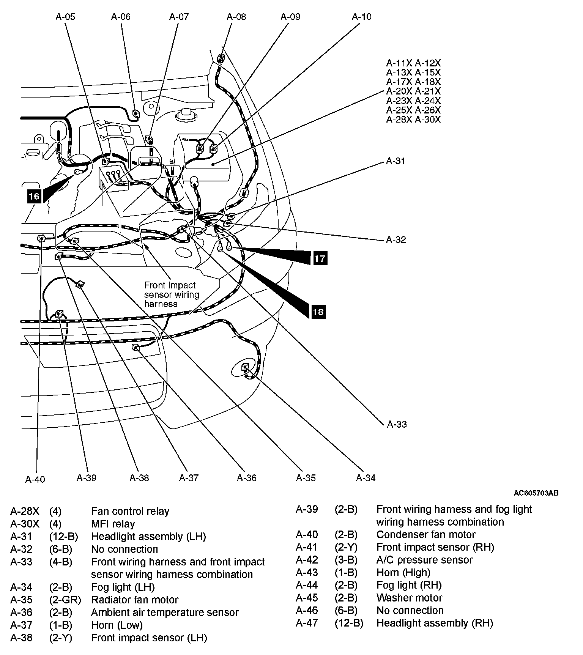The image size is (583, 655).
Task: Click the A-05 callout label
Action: [x=65, y=17]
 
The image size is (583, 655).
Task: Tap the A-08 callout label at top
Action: [x=236, y=17]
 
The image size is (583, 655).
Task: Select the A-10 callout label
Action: [x=361, y=17]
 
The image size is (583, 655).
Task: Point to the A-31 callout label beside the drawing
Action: [x=395, y=161]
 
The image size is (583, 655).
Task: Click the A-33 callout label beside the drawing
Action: [x=397, y=424]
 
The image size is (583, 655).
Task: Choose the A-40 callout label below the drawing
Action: [x=35, y=479]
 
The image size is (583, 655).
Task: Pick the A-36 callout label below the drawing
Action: [x=246, y=478]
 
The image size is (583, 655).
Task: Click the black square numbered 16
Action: [x=34, y=196]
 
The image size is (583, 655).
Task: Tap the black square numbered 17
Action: [x=320, y=258]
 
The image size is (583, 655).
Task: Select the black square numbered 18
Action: [x=318, y=312]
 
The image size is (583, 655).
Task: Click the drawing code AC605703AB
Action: [x=536, y=493]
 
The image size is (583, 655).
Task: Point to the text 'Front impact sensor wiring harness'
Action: [x=172, y=294]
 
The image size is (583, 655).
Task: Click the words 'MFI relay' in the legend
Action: [x=113, y=524]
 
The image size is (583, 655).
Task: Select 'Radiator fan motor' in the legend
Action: [x=135, y=600]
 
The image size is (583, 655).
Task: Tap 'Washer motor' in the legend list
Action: [x=409, y=598]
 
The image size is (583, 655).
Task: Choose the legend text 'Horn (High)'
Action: [x=403, y=573]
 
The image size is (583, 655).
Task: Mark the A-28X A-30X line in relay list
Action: [x=413, y=120]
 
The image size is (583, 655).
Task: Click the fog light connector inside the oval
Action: [x=245, y=367]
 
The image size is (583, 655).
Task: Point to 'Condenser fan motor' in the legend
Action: [x=425, y=535]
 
